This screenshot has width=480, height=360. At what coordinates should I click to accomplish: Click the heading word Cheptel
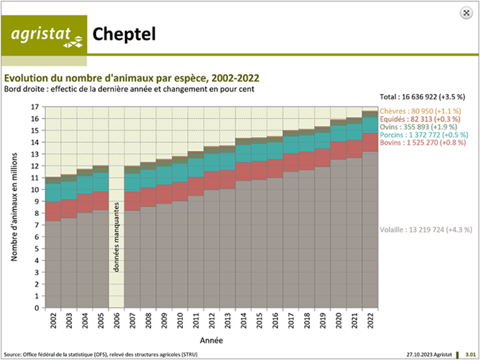124,34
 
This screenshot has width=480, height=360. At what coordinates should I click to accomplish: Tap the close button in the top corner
466,12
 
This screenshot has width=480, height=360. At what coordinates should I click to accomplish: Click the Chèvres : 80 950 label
420,112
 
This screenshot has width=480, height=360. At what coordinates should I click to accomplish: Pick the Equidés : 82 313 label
420,119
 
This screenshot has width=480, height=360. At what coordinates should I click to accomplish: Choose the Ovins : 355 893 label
420,128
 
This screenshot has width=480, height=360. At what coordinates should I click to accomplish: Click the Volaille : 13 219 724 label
426,229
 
